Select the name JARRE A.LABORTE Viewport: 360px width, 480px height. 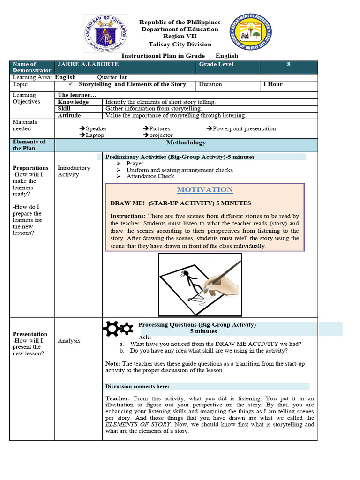coord(88,64)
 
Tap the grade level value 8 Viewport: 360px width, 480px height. coord(289,64)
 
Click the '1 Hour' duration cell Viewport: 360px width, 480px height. coord(272,85)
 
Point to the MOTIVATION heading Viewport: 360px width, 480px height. coord(204,190)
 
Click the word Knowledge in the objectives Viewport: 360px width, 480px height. coord(73,102)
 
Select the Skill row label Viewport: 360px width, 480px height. coord(64,109)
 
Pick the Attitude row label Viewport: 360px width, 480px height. coord(69,115)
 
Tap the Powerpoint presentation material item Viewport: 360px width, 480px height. coord(244,128)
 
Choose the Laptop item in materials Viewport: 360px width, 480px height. coord(94,135)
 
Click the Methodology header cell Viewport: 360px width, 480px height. coord(186,142)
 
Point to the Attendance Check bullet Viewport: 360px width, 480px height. coord(150,176)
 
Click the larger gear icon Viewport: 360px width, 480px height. coord(112,329)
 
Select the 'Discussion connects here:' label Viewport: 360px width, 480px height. coord(137,387)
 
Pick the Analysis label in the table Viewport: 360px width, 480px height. coord(69,341)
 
